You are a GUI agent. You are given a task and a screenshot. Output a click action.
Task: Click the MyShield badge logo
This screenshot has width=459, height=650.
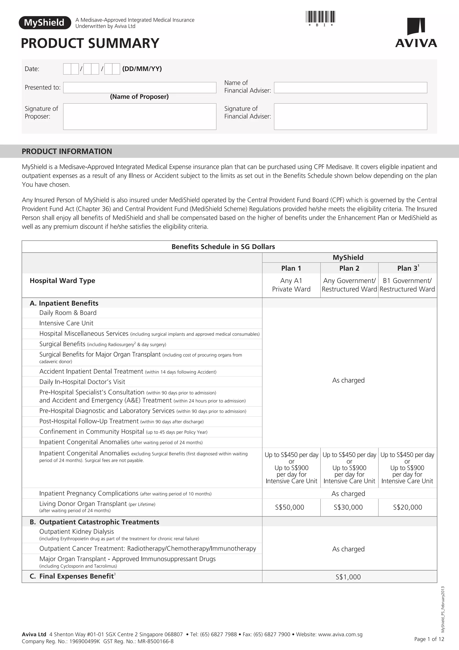click(45, 23)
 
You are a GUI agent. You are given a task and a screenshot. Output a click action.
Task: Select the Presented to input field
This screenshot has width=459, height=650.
click(139, 87)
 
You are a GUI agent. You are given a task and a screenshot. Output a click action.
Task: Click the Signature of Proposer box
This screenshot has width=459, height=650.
click(139, 116)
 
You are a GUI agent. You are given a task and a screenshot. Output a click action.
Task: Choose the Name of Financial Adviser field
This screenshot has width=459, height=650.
click(350, 87)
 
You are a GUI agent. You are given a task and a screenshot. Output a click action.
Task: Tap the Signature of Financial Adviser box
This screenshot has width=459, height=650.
click(350, 116)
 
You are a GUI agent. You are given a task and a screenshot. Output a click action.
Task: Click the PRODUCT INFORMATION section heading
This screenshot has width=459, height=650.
click(67, 151)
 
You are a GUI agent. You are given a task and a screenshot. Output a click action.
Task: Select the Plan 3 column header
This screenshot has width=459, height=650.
click(407, 268)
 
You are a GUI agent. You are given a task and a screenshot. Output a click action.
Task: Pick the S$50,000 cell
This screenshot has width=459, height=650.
click(290, 507)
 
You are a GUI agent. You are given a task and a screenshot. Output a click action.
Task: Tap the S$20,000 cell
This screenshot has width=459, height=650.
click(407, 507)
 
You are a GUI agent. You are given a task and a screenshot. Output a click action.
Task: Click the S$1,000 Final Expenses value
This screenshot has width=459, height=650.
click(348, 577)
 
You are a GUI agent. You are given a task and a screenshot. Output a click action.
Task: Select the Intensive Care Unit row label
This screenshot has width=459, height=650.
click(66, 323)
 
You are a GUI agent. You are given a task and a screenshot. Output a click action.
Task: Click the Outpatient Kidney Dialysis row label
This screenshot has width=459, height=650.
click(76, 531)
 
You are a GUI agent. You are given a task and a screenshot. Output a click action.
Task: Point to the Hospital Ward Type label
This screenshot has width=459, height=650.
click(62, 281)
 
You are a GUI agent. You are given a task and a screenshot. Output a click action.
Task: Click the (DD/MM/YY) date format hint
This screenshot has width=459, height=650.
click(142, 69)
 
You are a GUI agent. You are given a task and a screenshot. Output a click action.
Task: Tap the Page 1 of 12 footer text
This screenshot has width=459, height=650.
click(429, 639)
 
